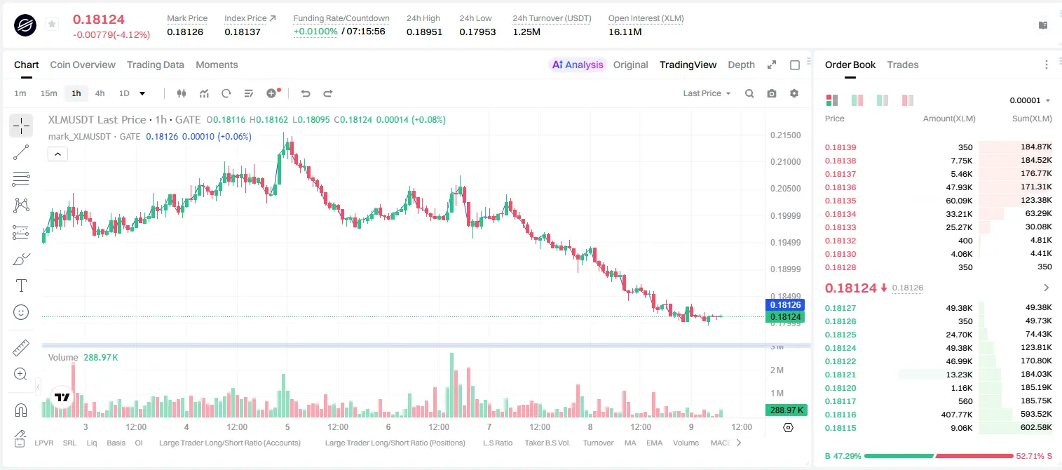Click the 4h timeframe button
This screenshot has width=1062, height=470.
coord(100,93)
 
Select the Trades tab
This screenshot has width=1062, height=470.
coord(903,65)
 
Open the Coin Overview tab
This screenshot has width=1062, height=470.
coord(83,65)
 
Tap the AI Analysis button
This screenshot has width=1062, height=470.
coord(578,65)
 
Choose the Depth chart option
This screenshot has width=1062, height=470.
coord(741,65)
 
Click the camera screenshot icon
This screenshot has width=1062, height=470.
coord(772,93)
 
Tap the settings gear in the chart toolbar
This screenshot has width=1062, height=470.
coord(794,93)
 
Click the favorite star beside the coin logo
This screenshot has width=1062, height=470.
coord(52,24)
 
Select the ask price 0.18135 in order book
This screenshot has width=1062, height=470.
coord(840,201)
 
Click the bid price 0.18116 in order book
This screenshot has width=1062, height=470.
coord(840,415)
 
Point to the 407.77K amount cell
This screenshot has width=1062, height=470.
coord(957,415)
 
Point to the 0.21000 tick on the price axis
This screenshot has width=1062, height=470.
coord(785,162)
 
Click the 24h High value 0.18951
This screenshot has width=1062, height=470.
coord(424,32)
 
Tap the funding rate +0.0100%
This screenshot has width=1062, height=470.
coord(315,32)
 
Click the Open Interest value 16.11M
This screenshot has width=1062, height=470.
coord(625,32)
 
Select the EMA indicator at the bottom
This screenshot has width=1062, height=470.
coord(654,443)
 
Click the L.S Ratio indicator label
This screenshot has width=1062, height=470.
coord(497,443)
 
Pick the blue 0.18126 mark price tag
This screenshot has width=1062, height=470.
coord(785,305)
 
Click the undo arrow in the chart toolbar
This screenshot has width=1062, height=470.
coord(306,93)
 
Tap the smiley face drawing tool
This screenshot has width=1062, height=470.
coord(21,312)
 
